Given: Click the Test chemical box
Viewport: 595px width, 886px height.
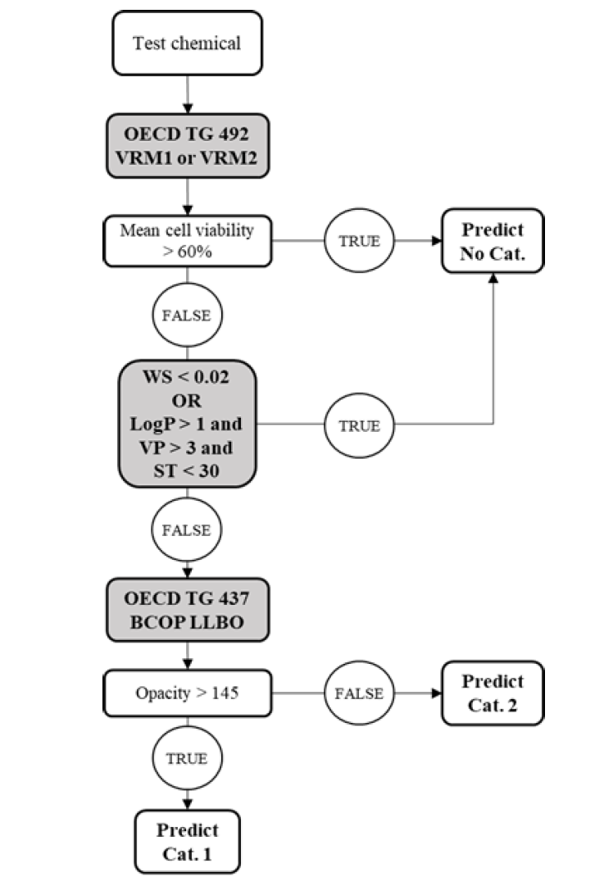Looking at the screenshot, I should click(x=188, y=43).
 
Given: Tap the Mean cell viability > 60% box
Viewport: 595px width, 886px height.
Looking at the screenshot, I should click(x=188, y=240).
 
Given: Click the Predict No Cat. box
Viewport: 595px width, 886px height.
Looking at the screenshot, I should click(x=492, y=240).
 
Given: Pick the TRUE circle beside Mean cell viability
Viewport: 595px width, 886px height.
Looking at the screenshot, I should click(x=360, y=240).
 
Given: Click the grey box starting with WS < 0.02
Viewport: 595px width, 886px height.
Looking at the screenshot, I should click(x=188, y=426).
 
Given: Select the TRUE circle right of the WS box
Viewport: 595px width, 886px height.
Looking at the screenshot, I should click(x=360, y=426).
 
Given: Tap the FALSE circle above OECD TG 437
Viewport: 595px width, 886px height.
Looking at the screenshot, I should click(x=188, y=529).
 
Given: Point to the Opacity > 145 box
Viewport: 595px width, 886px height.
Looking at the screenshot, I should click(x=188, y=693).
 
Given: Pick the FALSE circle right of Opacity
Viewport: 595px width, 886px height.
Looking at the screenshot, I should click(x=360, y=693).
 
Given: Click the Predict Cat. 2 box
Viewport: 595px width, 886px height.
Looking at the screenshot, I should click(x=492, y=693).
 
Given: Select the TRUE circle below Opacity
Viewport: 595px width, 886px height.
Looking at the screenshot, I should click(x=188, y=758).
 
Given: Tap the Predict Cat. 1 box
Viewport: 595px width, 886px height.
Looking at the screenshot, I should click(x=188, y=840).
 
